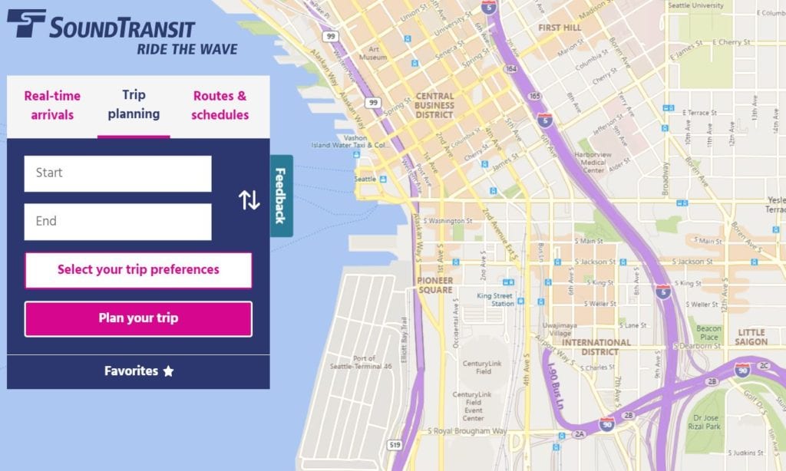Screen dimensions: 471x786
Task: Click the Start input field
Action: [117, 173]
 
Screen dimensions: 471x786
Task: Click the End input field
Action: [117, 222]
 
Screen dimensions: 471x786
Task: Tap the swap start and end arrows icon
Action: [249, 200]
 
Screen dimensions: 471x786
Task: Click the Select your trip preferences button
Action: [138, 270]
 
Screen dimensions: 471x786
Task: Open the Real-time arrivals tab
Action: [52, 106]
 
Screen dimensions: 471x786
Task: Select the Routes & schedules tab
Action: [220, 106]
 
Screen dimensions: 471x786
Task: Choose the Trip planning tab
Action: [134, 105]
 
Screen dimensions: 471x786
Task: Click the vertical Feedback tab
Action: [281, 195]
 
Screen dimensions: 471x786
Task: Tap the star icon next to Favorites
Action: [168, 371]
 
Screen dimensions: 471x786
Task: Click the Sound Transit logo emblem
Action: [26, 24]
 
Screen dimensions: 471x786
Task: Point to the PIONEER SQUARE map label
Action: [436, 285]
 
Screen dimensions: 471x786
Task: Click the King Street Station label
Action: [495, 299]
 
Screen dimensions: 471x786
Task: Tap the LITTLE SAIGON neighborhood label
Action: [751, 337]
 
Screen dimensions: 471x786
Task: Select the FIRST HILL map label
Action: [560, 28]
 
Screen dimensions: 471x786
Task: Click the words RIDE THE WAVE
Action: [187, 50]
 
